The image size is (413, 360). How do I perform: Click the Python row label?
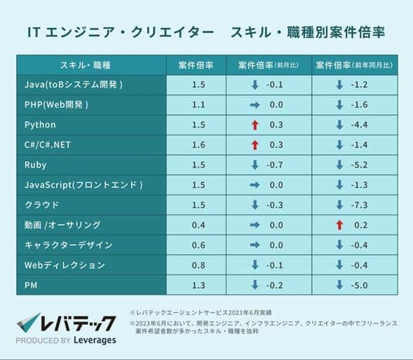point(40,125)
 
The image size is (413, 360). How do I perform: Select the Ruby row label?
point(35,165)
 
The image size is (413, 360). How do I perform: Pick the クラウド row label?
point(41,205)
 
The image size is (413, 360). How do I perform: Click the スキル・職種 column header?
point(86,65)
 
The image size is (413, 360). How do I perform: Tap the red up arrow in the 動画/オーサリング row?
point(339,225)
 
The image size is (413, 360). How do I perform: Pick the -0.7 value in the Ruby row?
point(276,165)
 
